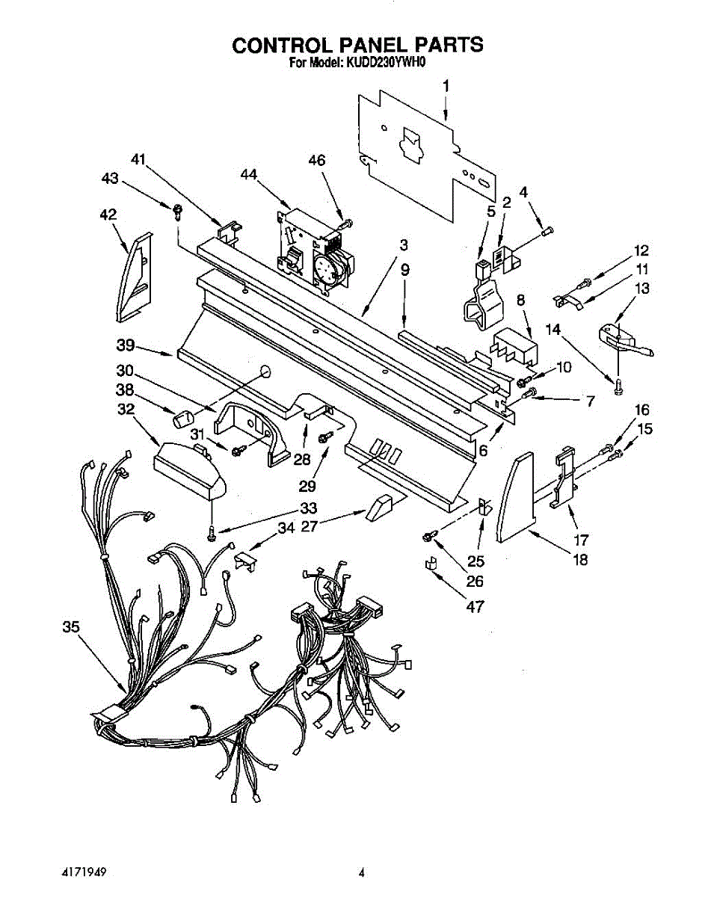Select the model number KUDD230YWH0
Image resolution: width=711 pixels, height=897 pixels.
[x=385, y=64]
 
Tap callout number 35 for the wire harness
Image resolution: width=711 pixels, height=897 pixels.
[x=70, y=628]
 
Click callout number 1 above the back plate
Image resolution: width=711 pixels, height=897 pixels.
[x=446, y=87]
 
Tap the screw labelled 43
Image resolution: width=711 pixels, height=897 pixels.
[x=178, y=212]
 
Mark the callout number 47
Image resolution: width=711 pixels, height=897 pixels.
[x=474, y=607]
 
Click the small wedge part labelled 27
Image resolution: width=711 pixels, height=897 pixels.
[x=380, y=508]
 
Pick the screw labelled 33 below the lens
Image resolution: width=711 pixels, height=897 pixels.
[x=212, y=531]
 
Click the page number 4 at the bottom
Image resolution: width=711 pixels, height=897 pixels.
[x=362, y=872]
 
